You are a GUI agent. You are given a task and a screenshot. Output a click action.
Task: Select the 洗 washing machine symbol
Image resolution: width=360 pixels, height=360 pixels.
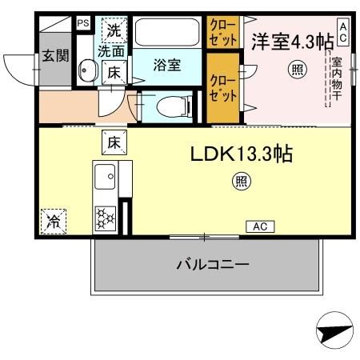click(114, 32)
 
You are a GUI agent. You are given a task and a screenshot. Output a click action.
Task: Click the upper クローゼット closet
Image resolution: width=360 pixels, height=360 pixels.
click(222, 34)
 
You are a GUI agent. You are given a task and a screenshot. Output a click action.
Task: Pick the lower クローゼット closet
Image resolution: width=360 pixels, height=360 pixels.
click(222, 88)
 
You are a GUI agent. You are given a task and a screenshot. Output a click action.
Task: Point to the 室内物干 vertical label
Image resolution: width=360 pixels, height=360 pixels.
click(338, 81)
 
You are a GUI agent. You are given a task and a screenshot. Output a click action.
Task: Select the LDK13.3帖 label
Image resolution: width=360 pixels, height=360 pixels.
click(240, 153)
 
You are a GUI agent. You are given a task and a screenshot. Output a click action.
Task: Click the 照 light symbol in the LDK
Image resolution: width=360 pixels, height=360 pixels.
click(241, 182)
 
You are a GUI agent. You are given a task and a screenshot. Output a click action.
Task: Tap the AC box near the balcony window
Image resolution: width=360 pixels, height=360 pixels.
click(259, 226)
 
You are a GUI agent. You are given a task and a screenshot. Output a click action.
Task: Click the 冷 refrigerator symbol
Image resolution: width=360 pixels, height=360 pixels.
click(53, 218)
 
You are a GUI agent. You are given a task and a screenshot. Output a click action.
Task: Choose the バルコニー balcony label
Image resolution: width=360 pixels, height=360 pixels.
click(212, 264)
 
